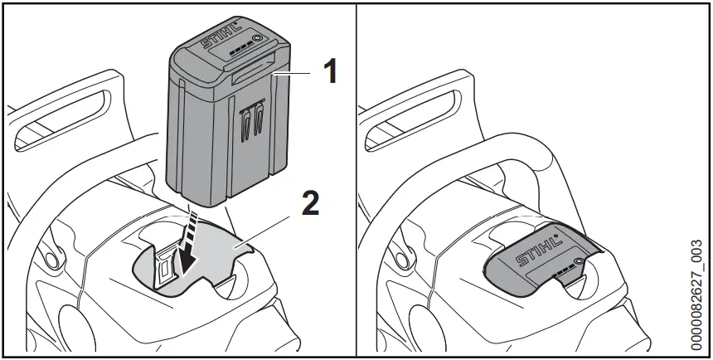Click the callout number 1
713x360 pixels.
coord(329,72)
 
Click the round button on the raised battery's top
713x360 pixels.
coord(256,39)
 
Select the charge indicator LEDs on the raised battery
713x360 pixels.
coord(237,49)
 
